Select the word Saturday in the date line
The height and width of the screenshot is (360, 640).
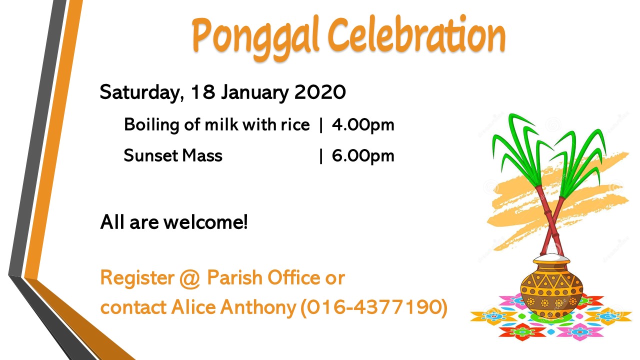point(142,92)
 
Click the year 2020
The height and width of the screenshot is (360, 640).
point(320,92)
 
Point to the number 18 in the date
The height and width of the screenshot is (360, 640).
point(203,92)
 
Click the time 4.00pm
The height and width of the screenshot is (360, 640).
point(363,125)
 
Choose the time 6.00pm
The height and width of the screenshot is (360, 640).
point(363,156)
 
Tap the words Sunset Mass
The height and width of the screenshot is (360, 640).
point(173,155)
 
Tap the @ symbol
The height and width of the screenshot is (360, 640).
point(190,278)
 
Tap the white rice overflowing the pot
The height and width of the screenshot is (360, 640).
point(551,257)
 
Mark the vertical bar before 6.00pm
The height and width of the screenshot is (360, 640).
point(321,156)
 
